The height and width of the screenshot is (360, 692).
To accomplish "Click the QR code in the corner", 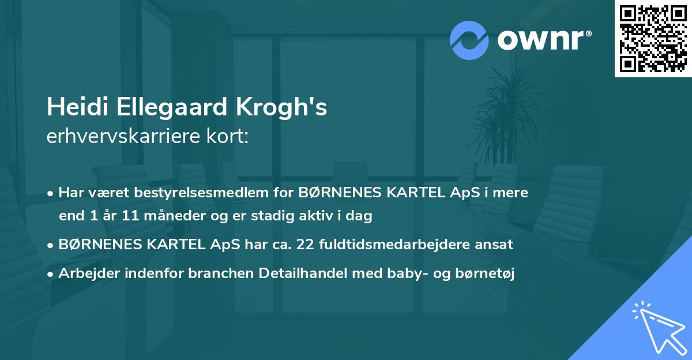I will tap(653, 38).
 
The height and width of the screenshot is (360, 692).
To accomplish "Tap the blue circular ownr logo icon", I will tap(469, 40).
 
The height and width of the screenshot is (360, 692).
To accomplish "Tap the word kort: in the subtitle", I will tap(230, 137).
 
